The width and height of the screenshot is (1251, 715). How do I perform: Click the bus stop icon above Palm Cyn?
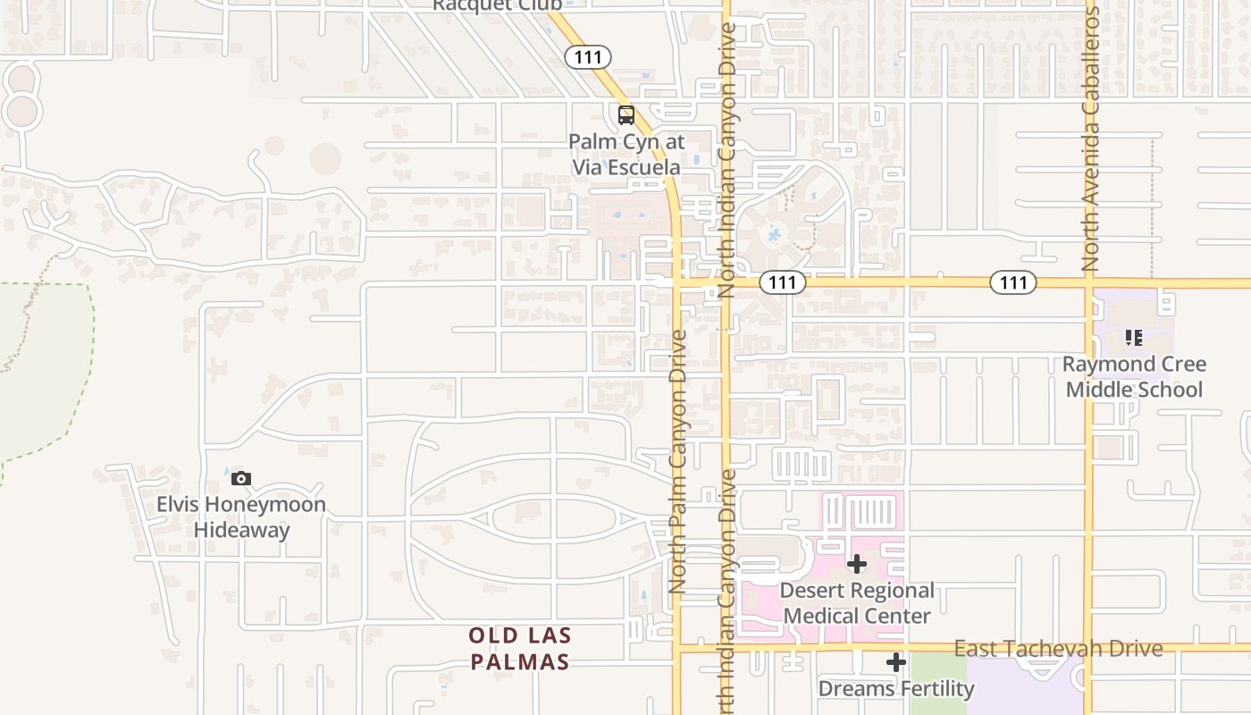[x=625, y=115]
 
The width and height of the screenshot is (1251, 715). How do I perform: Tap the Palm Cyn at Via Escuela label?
[x=625, y=155]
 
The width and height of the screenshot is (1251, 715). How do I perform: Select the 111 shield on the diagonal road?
[x=588, y=57]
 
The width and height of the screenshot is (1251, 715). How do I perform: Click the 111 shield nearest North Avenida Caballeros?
[x=1012, y=282]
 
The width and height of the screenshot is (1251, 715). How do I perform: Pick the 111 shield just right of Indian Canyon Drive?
[x=783, y=282]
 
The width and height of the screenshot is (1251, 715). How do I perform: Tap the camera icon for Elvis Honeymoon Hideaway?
[x=241, y=478]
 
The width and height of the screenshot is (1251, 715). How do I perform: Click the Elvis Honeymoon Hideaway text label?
[x=241, y=517]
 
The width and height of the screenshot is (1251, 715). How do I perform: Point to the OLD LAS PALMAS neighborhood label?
[x=519, y=649]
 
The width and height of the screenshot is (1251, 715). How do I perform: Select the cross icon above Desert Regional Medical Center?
[x=857, y=564]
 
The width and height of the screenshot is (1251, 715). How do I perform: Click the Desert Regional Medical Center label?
[x=857, y=603]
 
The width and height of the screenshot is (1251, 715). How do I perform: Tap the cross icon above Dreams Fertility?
[x=896, y=662]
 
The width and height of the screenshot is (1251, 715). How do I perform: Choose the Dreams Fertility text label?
[x=896, y=689]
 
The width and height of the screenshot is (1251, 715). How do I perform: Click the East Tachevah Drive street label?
[x=1058, y=649]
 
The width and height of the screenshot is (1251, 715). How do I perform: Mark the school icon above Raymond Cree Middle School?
[x=1134, y=338]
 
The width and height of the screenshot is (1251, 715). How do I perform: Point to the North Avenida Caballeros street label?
[x=1090, y=139]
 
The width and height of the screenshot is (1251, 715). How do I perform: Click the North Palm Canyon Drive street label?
[x=678, y=460]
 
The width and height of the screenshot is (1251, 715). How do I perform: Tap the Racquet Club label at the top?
[x=497, y=5]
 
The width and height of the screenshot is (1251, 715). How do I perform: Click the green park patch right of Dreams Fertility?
[x=938, y=684]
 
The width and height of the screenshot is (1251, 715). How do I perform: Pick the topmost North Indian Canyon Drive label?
[x=726, y=161]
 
